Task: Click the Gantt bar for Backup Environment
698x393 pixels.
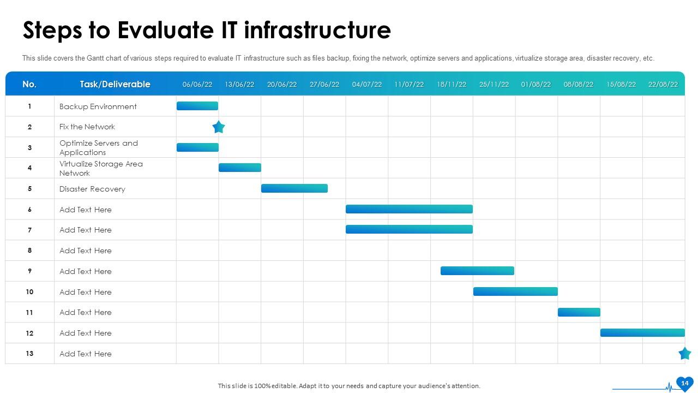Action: pos(197,106)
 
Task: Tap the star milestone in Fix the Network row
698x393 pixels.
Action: pos(219,127)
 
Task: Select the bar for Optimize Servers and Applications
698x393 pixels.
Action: pos(197,147)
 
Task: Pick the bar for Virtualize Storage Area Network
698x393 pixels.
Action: pos(240,168)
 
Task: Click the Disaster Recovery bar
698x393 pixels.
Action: pos(294,188)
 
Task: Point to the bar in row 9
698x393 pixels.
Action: pos(477,271)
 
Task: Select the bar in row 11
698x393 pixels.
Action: pos(579,312)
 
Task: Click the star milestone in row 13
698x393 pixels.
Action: pos(684,353)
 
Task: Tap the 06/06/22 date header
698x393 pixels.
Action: pos(197,85)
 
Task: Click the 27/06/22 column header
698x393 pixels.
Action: pos(324,85)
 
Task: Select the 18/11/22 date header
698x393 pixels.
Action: pos(452,85)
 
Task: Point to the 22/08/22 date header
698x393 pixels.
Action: pos(663,85)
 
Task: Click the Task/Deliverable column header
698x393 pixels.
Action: pos(115,84)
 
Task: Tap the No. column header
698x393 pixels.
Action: pos(29,84)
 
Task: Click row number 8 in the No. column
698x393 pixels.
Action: pos(29,250)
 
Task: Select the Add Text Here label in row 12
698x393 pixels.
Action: pos(86,333)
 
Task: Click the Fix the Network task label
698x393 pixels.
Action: pos(87,127)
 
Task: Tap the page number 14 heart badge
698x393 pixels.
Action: pos(684,384)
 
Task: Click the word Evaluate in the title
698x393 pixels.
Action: pos(165,30)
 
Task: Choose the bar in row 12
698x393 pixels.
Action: pos(642,333)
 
